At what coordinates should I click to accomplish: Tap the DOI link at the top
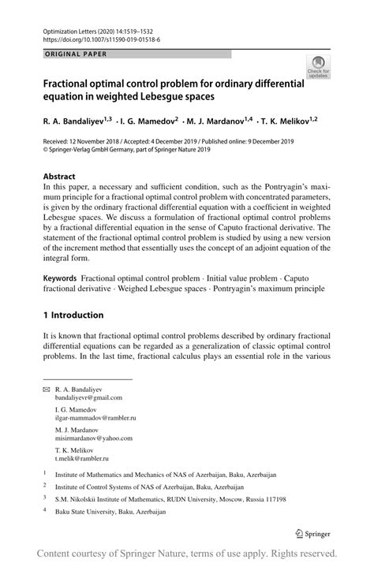click(103, 37)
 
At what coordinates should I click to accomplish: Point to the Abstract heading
click(60, 177)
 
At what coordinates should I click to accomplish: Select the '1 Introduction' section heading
click(73, 315)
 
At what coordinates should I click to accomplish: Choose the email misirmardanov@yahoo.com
click(94, 438)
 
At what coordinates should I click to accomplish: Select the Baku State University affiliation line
click(110, 512)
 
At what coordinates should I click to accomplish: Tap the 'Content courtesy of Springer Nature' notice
click(187, 553)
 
